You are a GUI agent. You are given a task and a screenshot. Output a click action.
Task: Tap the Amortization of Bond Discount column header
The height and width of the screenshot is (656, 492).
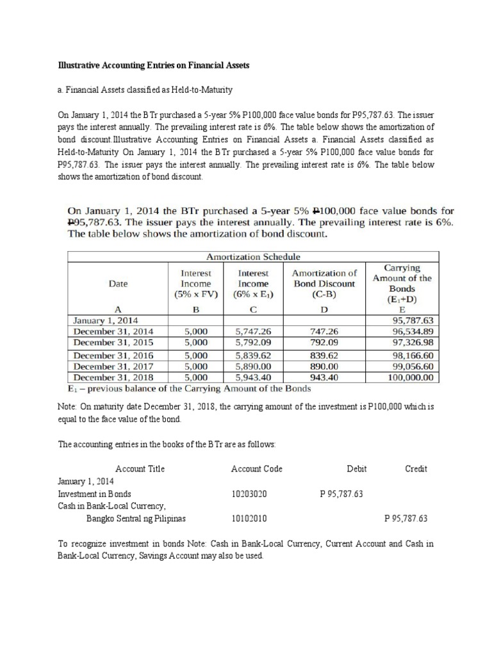[x=324, y=283]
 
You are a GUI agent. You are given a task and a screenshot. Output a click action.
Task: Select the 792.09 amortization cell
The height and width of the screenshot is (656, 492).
[x=324, y=343]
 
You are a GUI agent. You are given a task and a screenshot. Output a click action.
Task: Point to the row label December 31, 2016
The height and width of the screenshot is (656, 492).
[x=113, y=355]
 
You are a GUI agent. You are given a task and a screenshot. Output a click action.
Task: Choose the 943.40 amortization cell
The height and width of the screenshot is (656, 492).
[x=324, y=377]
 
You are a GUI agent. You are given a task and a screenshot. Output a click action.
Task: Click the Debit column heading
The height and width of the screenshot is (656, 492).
[x=356, y=468]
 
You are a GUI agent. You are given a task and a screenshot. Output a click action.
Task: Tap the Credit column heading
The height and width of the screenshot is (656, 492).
[x=416, y=468]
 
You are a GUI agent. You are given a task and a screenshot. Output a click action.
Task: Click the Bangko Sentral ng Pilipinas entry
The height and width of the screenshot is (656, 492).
[x=136, y=518]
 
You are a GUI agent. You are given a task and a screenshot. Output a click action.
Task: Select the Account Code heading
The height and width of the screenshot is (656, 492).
[x=256, y=468]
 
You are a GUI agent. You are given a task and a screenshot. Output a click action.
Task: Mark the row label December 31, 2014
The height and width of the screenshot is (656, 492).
[x=113, y=331]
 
